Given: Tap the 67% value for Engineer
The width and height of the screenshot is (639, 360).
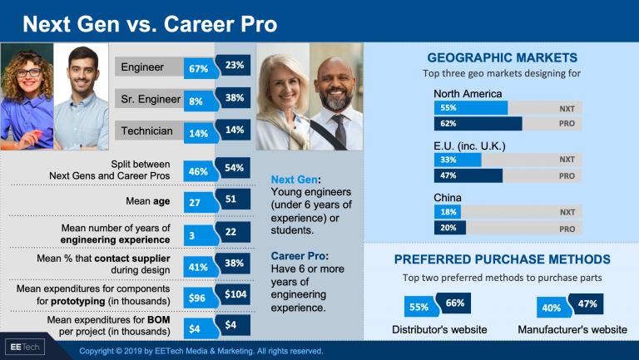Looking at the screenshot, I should pos(198,68).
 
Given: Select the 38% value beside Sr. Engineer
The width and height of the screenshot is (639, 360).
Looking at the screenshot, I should pos(234,97).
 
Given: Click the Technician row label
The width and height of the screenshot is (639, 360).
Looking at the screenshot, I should pos(147,131).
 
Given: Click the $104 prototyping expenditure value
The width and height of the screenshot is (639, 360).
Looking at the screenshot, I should pos(235,294).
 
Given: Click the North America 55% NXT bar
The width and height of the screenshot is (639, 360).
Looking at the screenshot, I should pos(470,108).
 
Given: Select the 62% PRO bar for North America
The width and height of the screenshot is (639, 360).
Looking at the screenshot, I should pos(478,124).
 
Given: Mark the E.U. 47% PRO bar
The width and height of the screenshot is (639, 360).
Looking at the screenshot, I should pos(468,175).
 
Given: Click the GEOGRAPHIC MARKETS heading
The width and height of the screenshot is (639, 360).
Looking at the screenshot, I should pos(502,58).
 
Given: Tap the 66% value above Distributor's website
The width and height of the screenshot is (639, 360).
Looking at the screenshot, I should pos(455,303).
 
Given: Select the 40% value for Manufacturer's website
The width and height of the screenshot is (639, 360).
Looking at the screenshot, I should pos(551,308).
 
